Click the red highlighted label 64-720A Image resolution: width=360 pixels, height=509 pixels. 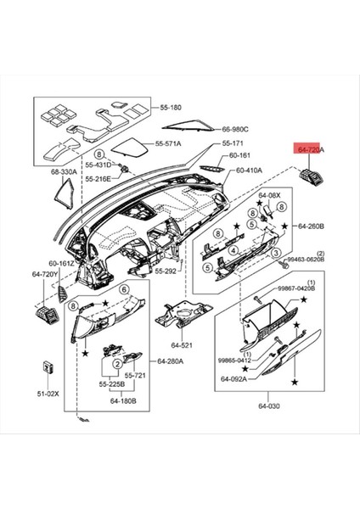310,148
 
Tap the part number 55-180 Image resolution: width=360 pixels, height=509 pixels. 171,109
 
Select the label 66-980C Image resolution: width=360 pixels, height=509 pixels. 236,130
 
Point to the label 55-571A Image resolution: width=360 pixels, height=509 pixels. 170,143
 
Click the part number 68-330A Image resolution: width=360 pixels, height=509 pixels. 64,172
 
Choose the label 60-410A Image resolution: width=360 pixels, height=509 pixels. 249,171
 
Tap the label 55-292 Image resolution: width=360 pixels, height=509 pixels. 165,271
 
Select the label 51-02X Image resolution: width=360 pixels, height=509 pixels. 48,394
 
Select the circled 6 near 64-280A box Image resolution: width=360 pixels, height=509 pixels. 123,290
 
